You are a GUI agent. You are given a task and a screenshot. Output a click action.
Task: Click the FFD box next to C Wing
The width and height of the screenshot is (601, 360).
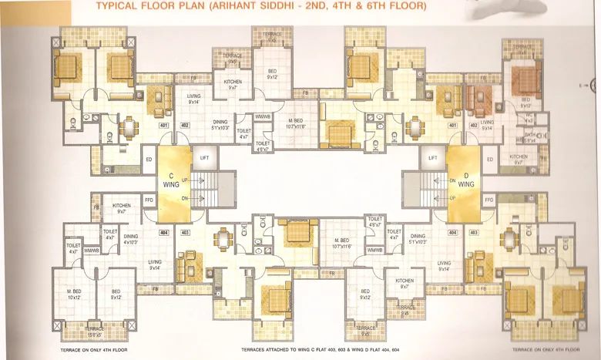[x=148, y=199]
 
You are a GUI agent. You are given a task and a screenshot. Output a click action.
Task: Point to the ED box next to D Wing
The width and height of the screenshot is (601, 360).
[x=489, y=160]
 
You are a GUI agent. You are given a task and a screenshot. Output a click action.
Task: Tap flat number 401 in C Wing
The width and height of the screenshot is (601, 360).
[x=163, y=125]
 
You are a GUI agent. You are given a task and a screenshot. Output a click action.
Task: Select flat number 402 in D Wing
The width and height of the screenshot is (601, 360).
[x=474, y=125]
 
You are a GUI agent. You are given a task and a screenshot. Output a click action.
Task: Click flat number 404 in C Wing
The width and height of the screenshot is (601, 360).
[x=163, y=231]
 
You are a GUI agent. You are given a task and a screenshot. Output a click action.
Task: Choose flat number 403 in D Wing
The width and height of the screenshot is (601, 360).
[x=474, y=231]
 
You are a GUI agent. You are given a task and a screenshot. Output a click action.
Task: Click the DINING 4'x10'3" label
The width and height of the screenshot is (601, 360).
[x=131, y=240]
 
